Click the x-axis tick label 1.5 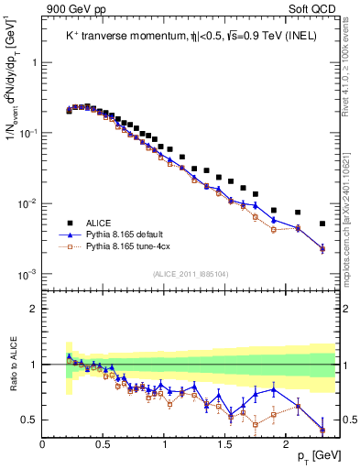pos(224,444)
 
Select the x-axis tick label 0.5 pos(104,444)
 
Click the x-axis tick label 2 pos(285,444)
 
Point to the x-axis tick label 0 pos(43,444)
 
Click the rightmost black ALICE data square pos(322,224)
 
